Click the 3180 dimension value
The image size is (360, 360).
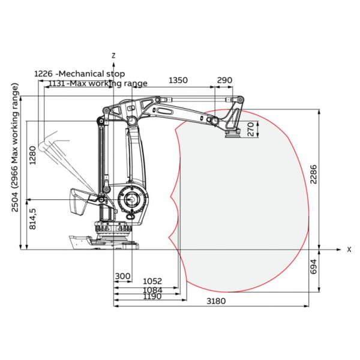pyautogui.click(x=216, y=301)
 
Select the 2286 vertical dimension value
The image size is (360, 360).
pyautogui.click(x=313, y=174)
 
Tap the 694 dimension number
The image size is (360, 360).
pyautogui.click(x=313, y=266)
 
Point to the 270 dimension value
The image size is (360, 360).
pyautogui.click(x=251, y=129)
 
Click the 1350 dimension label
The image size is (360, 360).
pyautogui.click(x=178, y=80)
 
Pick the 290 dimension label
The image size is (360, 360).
pyautogui.click(x=224, y=80)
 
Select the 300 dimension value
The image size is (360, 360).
pyautogui.click(x=122, y=276)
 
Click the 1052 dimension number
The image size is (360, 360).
pyautogui.click(x=152, y=281)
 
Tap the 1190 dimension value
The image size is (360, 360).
pyautogui.click(x=152, y=296)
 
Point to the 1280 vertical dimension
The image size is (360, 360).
pyautogui.click(x=33, y=155)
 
